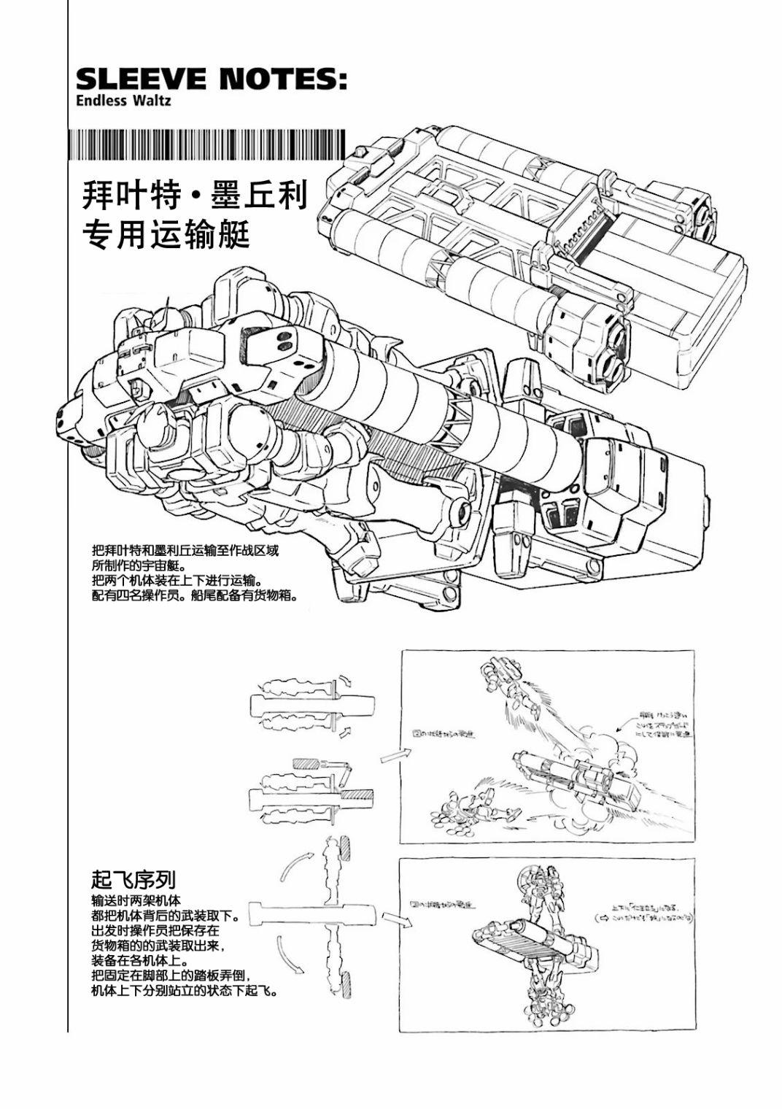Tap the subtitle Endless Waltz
(123, 101)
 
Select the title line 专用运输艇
(167, 235)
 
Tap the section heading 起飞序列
(133, 878)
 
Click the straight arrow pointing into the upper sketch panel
(391, 756)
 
